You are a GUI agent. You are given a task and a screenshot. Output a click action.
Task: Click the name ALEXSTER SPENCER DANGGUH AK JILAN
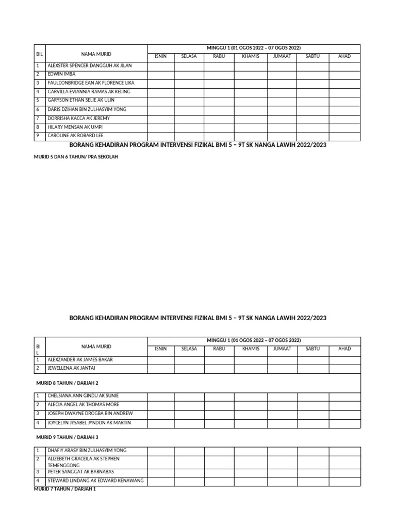[89, 65]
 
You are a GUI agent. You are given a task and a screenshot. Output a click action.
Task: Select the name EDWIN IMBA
[61, 74]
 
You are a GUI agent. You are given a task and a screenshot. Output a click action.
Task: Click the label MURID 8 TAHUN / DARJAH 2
[67, 383]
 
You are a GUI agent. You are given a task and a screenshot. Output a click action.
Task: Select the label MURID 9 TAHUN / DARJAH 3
[67, 437]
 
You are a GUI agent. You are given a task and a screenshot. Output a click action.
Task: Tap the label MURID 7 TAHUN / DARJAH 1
[65, 489]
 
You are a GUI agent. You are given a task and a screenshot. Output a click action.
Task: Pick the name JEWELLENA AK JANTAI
[71, 368]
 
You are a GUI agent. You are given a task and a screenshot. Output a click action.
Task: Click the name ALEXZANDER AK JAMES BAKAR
[80, 359]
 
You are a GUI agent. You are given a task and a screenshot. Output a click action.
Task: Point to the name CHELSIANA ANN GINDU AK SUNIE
[83, 395]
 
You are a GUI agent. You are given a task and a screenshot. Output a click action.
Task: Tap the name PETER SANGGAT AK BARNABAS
[80, 472]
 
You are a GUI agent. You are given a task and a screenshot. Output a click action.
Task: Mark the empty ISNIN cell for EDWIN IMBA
[161, 74]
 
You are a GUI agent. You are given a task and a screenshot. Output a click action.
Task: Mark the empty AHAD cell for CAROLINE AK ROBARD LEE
[344, 136]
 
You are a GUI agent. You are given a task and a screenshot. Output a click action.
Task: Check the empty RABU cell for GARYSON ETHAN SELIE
[219, 100]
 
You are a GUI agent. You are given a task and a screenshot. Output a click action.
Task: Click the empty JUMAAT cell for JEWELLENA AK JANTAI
[282, 368]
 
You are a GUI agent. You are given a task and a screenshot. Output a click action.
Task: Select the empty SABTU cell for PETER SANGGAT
[313, 472]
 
